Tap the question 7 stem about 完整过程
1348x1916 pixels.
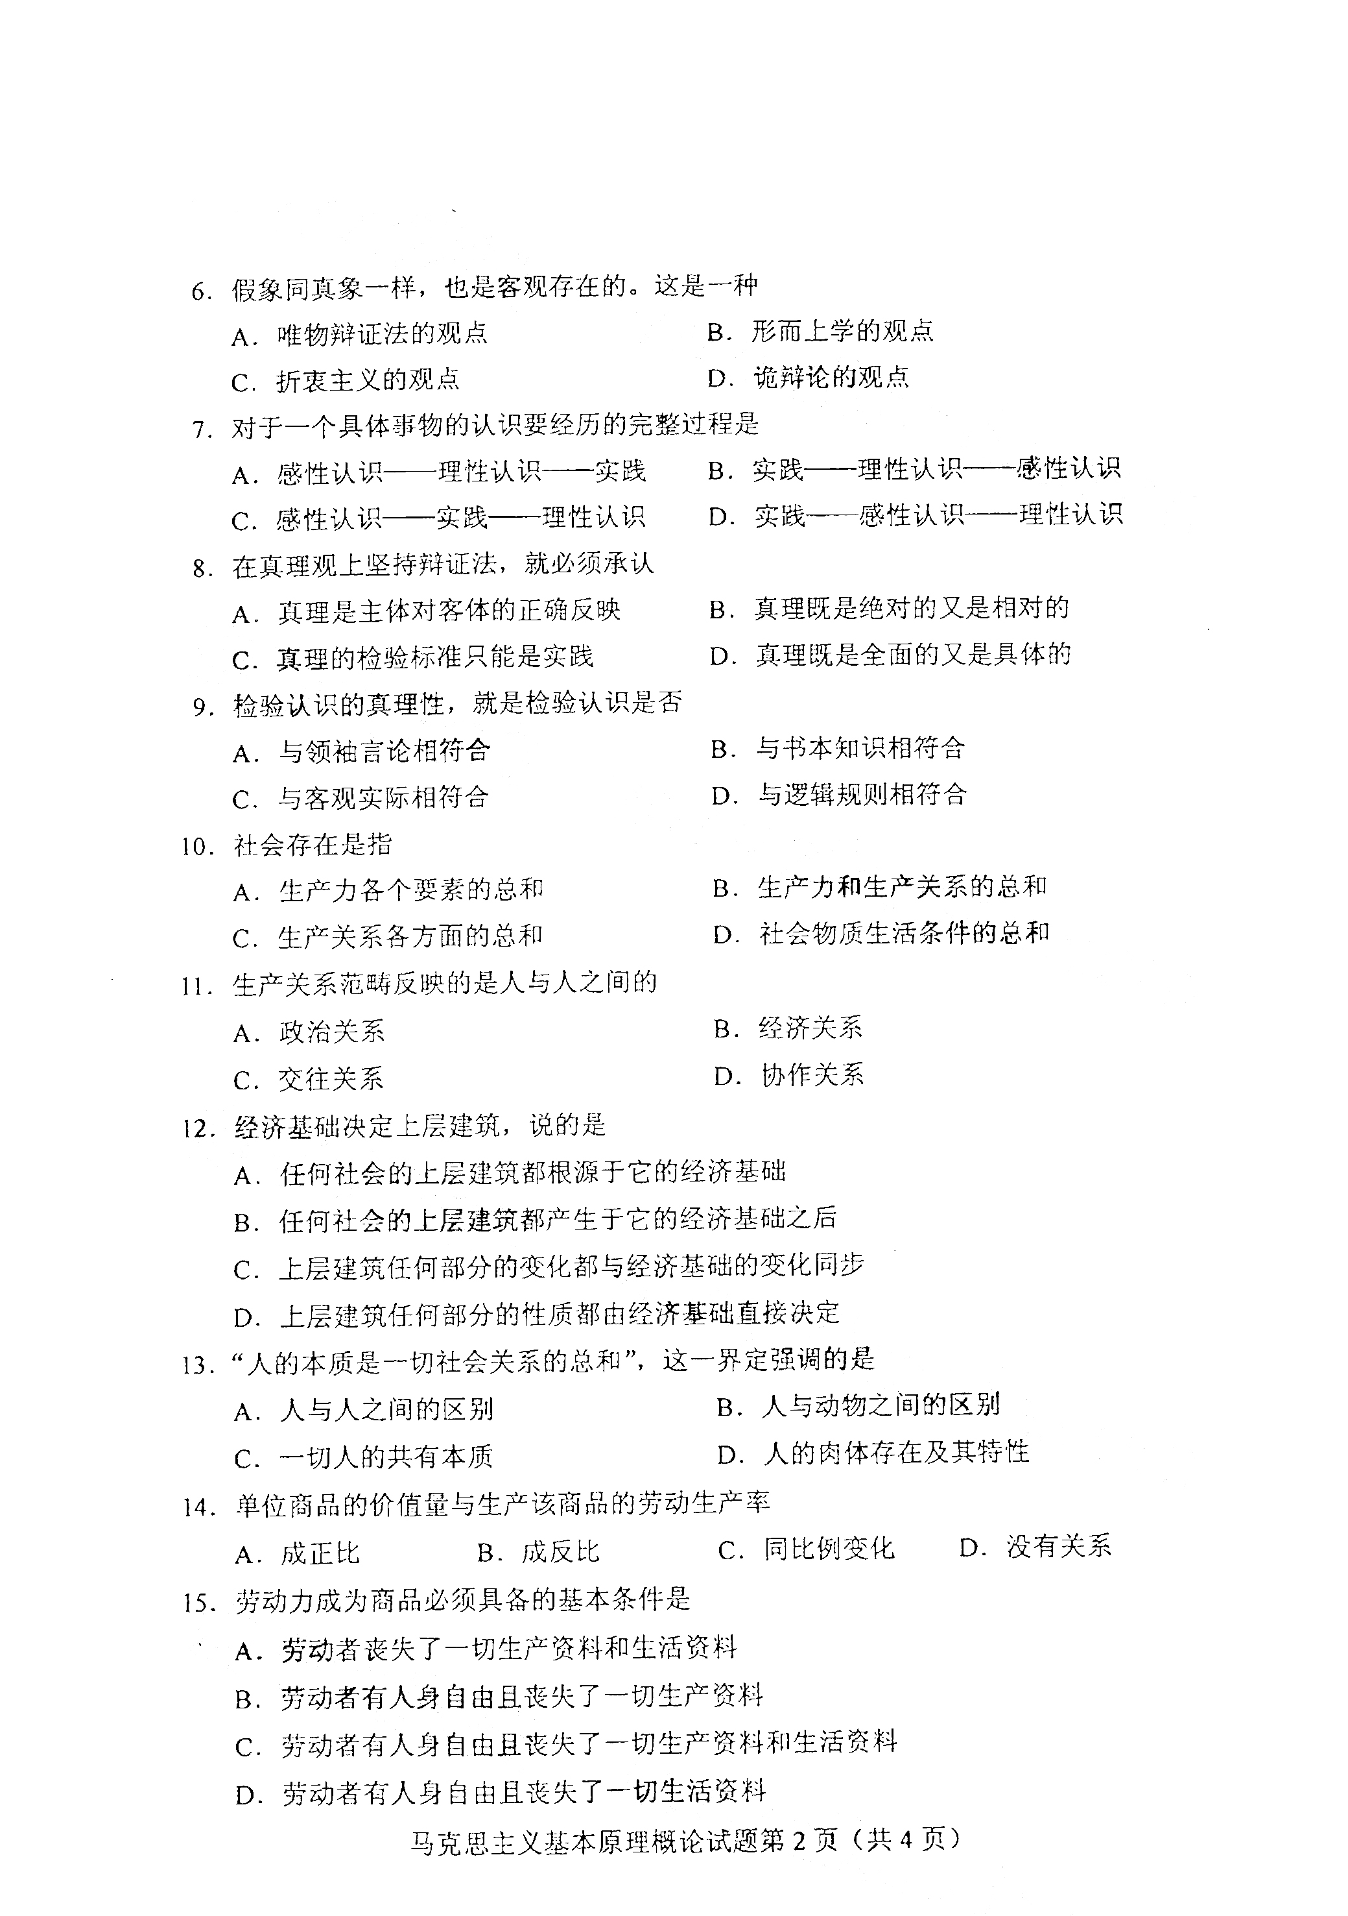click(x=495, y=426)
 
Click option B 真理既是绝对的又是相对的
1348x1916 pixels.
click(x=888, y=609)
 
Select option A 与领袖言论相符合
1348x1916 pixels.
click(x=361, y=752)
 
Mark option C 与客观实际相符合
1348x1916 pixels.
click(x=361, y=799)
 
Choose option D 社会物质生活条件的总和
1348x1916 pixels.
click(x=881, y=934)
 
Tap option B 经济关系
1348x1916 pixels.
click(x=788, y=1028)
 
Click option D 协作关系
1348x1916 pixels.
click(x=789, y=1075)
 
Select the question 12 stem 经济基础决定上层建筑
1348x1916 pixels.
click(x=420, y=1126)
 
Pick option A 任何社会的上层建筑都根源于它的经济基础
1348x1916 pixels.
click(x=510, y=1173)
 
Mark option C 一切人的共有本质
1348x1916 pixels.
click(x=364, y=1457)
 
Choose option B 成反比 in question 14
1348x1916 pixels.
click(x=539, y=1552)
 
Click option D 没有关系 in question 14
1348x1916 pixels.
click(x=1035, y=1548)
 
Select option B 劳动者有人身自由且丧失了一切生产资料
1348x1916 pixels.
click(x=499, y=1697)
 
